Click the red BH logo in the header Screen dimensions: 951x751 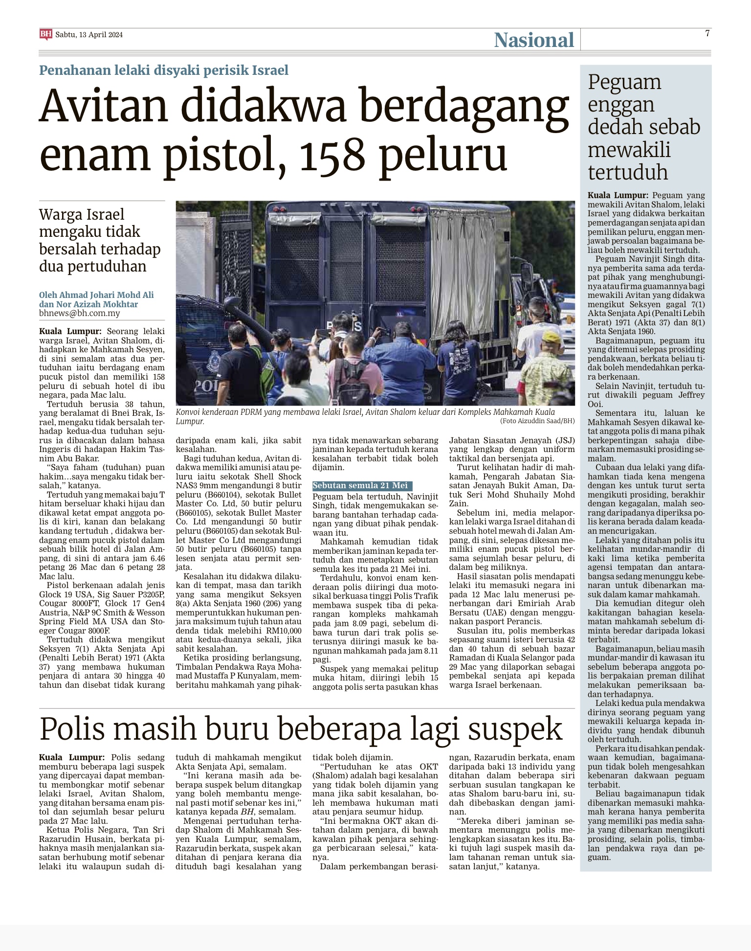(x=45, y=34)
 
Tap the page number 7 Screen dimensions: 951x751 (x=707, y=33)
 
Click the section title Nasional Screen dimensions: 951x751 (x=533, y=40)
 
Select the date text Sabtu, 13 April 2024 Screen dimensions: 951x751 (x=89, y=35)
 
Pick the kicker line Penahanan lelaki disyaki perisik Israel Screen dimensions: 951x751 (x=164, y=70)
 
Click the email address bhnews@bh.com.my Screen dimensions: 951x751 (x=79, y=313)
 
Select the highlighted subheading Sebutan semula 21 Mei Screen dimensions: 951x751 (x=360, y=485)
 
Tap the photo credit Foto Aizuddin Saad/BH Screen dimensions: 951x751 (x=537, y=421)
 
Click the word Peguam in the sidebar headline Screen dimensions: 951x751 (x=624, y=82)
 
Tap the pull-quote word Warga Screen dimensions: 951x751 (x=58, y=214)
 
